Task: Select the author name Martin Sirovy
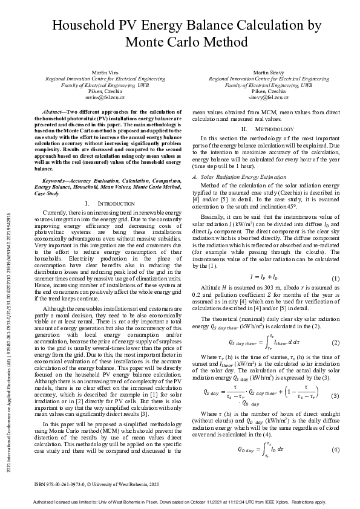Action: click(x=269, y=72)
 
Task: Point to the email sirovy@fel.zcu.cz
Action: click(x=269, y=97)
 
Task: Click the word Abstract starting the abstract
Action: click(x=54, y=113)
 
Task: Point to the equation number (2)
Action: click(x=335, y=342)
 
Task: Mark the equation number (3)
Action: click(x=335, y=394)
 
